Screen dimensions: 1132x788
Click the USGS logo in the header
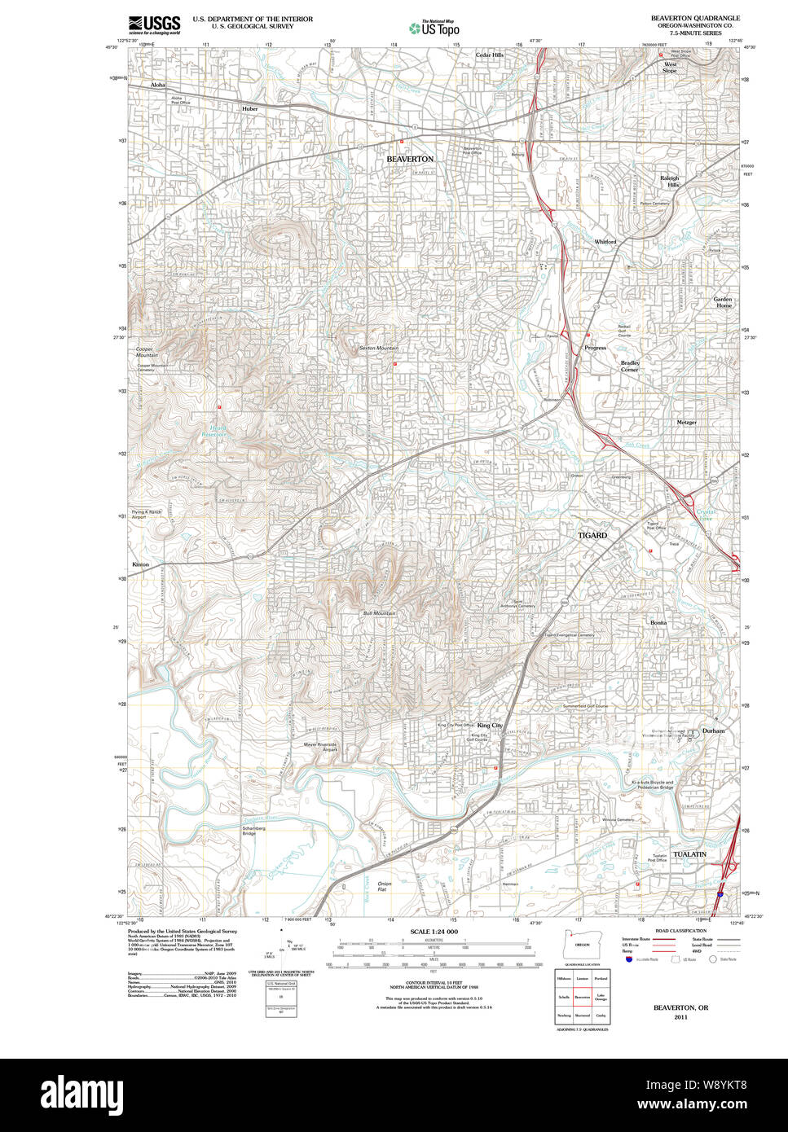(154, 24)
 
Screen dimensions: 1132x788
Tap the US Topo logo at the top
(434, 27)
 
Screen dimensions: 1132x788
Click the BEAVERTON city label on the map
(410, 159)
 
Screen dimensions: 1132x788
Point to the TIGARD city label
(592, 535)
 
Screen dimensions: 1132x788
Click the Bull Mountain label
(379, 613)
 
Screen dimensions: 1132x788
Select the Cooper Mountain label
(147, 352)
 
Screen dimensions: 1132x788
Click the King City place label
(490, 725)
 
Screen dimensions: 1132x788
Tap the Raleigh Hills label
(669, 182)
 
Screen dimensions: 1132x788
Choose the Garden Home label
(723, 302)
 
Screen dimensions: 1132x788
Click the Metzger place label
(686, 423)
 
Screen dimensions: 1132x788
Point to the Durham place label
(713, 731)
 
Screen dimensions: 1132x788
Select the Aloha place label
(157, 85)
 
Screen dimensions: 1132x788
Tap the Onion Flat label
(385, 887)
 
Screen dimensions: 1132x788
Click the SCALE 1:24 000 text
(434, 932)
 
